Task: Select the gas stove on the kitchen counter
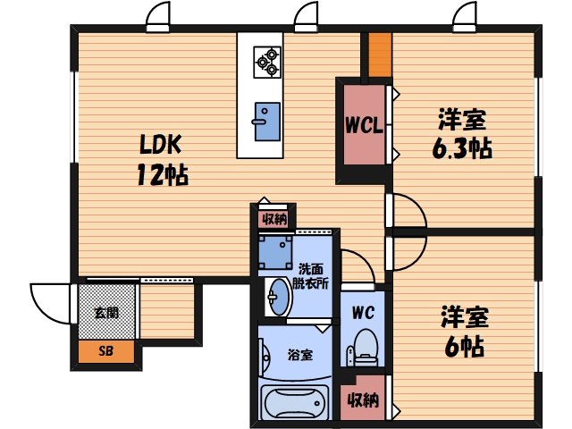coord(267,58)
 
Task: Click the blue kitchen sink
coord(266,121)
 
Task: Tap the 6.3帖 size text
coord(462,147)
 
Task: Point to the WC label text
coord(363,313)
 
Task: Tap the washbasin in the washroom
coord(275,298)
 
